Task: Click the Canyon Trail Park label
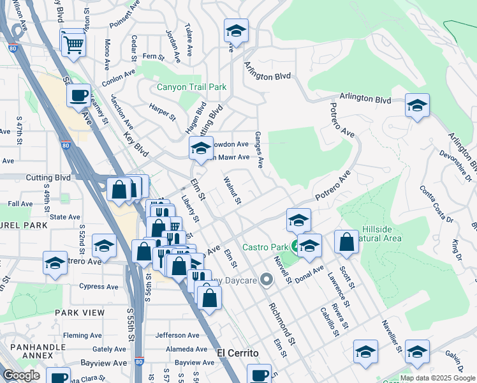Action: [190, 87]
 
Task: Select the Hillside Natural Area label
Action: [381, 234]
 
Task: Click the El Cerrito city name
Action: [238, 353]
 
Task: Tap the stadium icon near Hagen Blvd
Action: [201, 149]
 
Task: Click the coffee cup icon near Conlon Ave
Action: [79, 96]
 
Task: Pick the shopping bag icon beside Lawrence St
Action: [346, 243]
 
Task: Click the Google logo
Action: [21, 375]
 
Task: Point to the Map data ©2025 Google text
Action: [437, 378]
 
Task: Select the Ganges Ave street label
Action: [259, 150]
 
